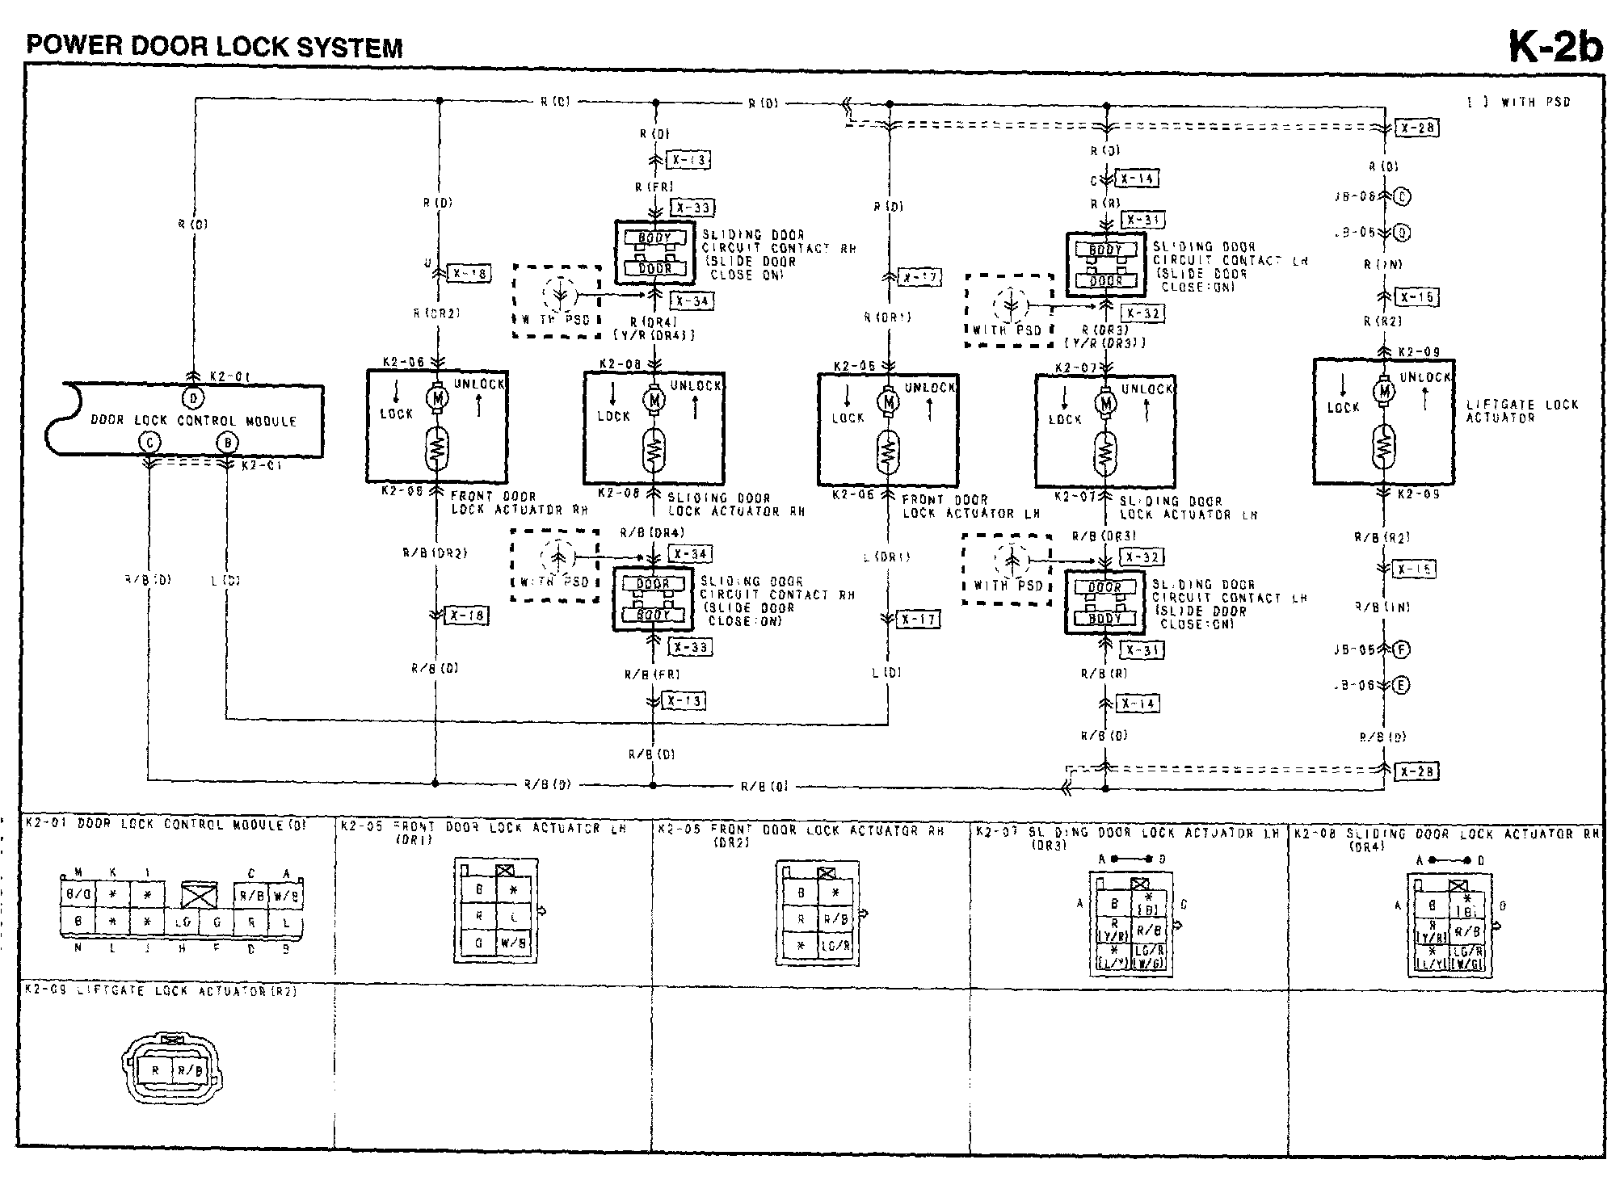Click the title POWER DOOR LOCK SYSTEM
tap(214, 46)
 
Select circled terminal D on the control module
tap(193, 397)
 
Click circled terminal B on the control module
tap(229, 442)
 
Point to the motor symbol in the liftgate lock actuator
tap(1384, 392)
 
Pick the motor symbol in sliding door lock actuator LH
tap(1106, 402)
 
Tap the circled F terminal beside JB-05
tap(1402, 649)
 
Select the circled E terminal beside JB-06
tap(1402, 685)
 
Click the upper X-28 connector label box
tap(1417, 128)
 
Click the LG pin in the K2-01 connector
tap(183, 922)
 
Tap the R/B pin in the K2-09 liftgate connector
tap(189, 1071)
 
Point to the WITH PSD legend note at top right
tap(1519, 103)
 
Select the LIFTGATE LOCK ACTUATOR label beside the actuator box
tap(1521, 410)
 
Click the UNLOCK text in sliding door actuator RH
tap(695, 386)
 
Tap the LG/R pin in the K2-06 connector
tap(835, 945)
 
